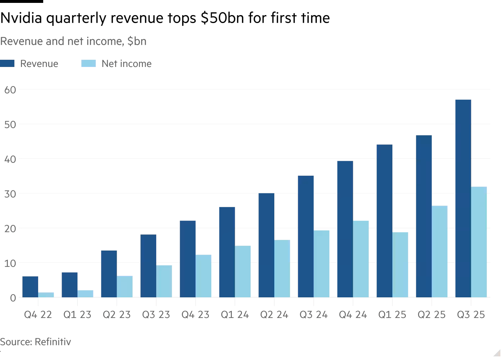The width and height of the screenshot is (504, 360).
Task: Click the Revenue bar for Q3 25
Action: pos(463,198)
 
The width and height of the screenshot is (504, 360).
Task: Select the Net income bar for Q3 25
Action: pos(479,242)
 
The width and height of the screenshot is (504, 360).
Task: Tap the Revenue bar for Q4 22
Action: pos(30,287)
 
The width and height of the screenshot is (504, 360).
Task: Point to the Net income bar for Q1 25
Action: pos(400,265)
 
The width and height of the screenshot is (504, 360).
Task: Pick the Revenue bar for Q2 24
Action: pos(266,245)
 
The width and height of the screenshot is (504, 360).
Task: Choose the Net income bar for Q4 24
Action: pos(361,259)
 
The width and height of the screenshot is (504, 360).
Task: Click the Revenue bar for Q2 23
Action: pos(109,274)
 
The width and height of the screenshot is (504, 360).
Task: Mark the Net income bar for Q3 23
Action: pos(164,281)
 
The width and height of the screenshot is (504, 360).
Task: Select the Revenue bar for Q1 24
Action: pos(227,252)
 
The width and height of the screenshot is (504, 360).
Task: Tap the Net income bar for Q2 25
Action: pos(440,252)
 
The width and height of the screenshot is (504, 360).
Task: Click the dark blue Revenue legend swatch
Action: pos(7,64)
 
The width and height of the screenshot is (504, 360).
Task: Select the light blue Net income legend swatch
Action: pos(89,64)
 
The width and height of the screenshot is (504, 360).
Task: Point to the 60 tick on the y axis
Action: pos(10,90)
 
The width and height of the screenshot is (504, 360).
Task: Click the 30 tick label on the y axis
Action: pos(10,194)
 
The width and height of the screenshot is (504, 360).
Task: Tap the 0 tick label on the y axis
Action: pos(13,298)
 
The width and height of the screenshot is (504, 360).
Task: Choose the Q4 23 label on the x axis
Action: pos(195,315)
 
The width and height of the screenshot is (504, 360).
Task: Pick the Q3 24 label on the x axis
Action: pos(314,315)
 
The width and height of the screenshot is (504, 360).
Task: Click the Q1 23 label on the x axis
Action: pos(77,315)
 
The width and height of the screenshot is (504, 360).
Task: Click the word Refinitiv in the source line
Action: pos(53,342)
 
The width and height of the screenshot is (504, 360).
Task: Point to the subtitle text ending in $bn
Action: pos(73,41)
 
